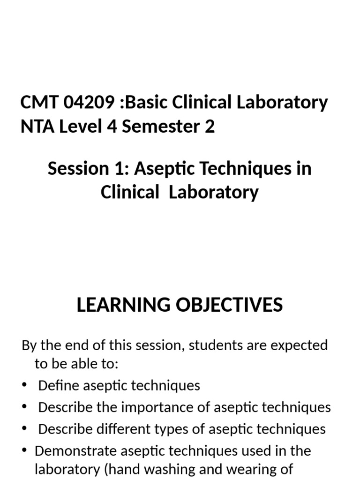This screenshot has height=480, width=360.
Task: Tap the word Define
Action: coord(59,385)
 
